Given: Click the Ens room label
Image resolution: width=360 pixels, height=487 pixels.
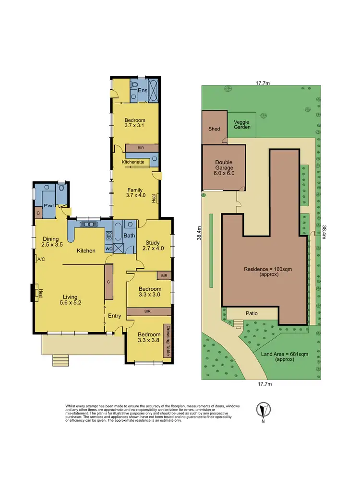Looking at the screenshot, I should pos(143,91).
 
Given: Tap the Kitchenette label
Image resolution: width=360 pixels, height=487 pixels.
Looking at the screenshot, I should pos(133,162).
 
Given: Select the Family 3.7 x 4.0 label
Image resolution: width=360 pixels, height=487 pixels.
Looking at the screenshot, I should pos(135,192).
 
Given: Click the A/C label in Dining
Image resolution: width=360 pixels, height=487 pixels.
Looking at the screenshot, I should pos(41,259).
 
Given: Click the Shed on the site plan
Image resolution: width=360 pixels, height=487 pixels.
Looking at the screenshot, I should pos(214,129).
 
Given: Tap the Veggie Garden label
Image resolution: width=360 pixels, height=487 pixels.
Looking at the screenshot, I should pos(242,124).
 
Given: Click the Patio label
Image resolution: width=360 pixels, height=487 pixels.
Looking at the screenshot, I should pos(252,313).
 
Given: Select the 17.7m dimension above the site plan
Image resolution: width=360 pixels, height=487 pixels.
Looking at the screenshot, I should pos(262,83).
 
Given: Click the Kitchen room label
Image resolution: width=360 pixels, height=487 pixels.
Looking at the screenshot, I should pos(86,250).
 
